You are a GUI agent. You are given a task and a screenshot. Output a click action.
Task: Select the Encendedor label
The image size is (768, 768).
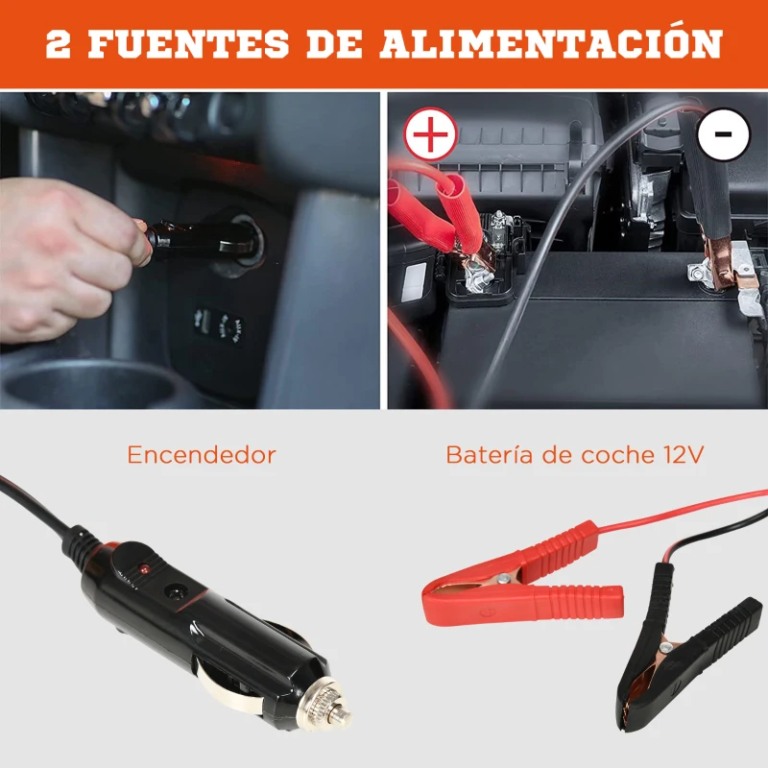coord(201,454)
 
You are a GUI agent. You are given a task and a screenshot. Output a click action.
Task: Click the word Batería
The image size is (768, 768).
coord(488,454)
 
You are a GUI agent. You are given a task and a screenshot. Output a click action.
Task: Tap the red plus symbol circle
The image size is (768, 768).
coord(431,134)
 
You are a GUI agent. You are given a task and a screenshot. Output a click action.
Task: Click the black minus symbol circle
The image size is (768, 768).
coord(723,134)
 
